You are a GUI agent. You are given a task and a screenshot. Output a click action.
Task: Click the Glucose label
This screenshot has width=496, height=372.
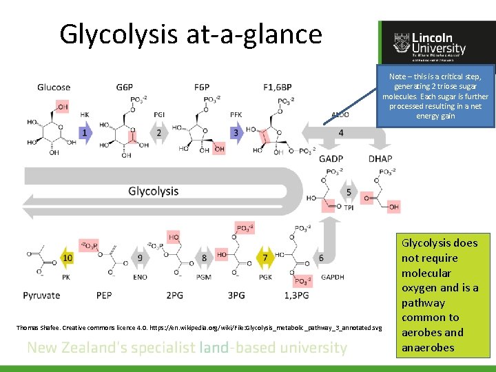tap(54, 87)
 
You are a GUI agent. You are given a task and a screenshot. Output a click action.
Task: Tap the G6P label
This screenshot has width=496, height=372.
tap(125, 87)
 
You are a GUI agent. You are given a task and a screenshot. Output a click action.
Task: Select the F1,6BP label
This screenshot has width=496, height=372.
tap(278, 87)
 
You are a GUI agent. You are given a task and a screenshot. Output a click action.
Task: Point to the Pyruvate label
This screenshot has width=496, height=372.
tap(41, 296)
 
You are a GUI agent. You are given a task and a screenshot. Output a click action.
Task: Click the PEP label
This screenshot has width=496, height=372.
tap(105, 296)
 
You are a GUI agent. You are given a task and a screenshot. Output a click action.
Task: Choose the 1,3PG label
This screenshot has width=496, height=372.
tap(296, 296)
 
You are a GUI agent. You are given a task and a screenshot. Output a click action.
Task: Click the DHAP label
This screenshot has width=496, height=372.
tap(380, 158)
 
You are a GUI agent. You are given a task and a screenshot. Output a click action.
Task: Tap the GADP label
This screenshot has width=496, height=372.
tap(331, 158)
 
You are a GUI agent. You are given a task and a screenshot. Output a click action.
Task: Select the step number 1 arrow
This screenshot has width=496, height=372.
tap(84, 132)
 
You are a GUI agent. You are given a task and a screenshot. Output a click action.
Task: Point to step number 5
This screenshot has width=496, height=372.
tap(349, 192)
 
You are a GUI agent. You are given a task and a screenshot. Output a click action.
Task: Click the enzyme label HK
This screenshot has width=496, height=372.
tap(84, 115)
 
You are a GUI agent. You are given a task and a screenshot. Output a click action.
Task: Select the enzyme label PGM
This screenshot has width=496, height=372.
tap(203, 276)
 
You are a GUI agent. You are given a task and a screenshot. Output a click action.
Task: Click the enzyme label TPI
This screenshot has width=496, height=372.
tap(349, 207)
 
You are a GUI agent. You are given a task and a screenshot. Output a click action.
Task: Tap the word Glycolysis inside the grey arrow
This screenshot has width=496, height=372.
tap(153, 191)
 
